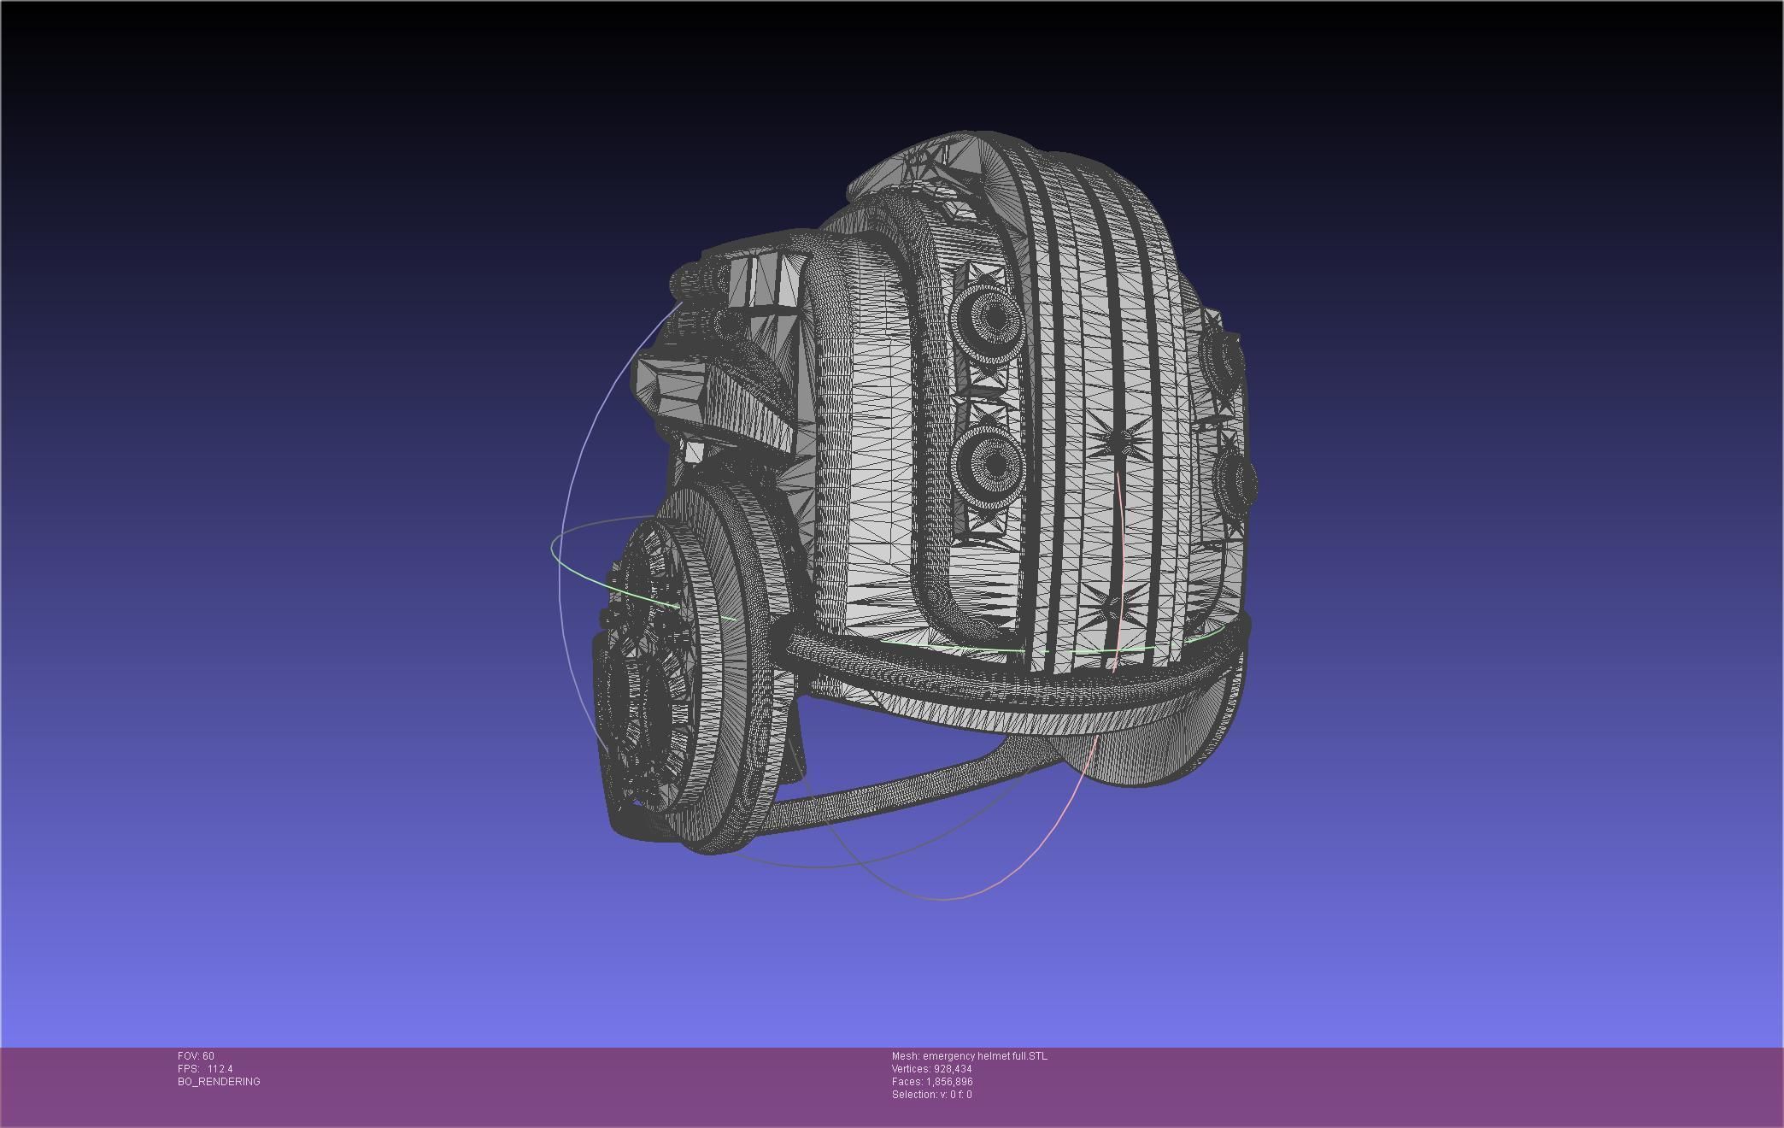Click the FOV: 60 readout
[x=196, y=1056]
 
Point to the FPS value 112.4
[x=220, y=1069]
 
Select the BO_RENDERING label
[x=219, y=1082]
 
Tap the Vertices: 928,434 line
[x=931, y=1069]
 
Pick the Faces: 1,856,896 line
[x=931, y=1082]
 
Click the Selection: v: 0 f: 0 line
[x=931, y=1095]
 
